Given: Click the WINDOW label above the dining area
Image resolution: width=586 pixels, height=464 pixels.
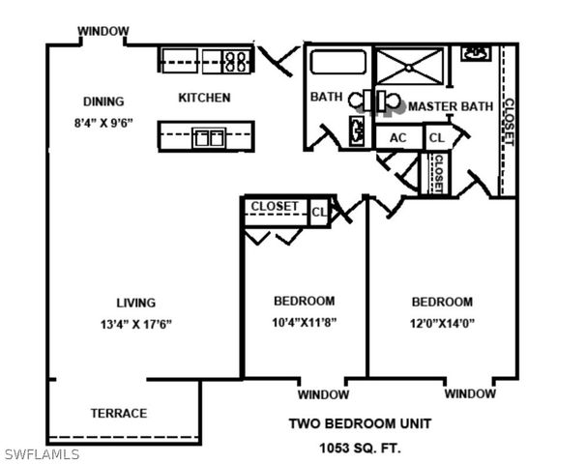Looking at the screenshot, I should pyautogui.click(x=103, y=31).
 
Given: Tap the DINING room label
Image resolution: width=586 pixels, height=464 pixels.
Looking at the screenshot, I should pyautogui.click(x=103, y=101).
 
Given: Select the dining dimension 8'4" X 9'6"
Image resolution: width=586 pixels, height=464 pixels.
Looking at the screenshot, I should pyautogui.click(x=103, y=123).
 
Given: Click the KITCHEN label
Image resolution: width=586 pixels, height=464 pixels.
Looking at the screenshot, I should pyautogui.click(x=205, y=98).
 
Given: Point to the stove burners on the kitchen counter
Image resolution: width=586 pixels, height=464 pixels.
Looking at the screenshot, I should pyautogui.click(x=235, y=61).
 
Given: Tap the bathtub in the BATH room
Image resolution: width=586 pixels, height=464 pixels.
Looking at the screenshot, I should pyautogui.click(x=337, y=63).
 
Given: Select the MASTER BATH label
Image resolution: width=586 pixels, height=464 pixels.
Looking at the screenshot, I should pyautogui.click(x=451, y=106).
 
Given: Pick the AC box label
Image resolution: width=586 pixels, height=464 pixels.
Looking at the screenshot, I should pyautogui.click(x=397, y=138).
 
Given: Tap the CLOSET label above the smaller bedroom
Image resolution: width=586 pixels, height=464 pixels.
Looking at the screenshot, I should pyautogui.click(x=275, y=207).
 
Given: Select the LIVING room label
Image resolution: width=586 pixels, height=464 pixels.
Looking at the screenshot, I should pyautogui.click(x=135, y=303).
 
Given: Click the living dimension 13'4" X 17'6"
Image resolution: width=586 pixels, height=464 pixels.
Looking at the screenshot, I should pyautogui.click(x=135, y=324).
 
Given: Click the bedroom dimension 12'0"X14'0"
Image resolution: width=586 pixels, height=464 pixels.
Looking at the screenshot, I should pyautogui.click(x=441, y=323).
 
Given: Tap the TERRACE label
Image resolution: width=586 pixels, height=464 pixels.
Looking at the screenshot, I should pyautogui.click(x=119, y=414).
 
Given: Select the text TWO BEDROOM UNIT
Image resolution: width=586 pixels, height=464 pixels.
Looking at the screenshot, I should pyautogui.click(x=360, y=423).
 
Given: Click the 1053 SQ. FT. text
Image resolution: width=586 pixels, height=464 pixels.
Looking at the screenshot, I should pyautogui.click(x=360, y=448).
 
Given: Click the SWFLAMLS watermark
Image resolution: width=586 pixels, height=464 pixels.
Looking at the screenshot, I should pyautogui.click(x=42, y=454).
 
